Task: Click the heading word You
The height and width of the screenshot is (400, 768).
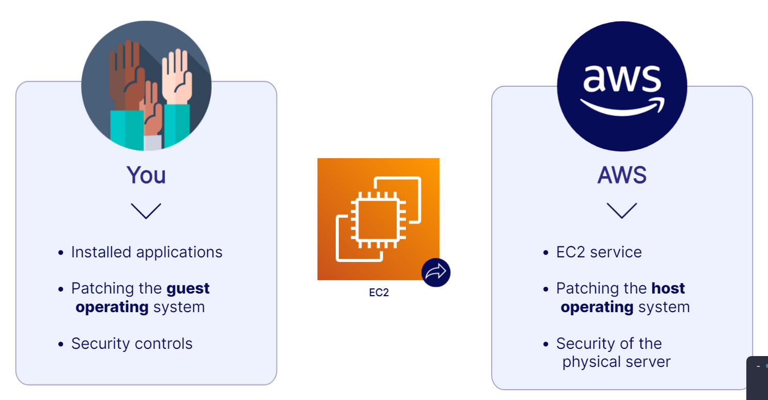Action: pos(146,175)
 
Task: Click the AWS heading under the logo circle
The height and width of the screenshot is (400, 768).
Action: pos(622,175)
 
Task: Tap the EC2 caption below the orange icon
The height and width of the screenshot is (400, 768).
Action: pos(379,293)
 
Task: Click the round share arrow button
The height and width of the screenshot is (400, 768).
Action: pos(436,272)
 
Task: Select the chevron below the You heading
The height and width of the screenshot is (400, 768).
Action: pos(146,211)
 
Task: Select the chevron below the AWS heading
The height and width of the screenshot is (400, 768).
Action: pos(622,211)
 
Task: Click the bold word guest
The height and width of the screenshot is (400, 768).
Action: pos(188,289)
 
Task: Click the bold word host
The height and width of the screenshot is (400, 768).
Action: pos(668,288)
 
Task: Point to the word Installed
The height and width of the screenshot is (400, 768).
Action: pos(101,252)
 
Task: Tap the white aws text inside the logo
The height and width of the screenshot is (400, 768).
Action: pos(622,79)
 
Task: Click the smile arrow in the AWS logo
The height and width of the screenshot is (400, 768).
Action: pos(622,107)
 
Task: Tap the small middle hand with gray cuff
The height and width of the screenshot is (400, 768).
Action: pos(152,110)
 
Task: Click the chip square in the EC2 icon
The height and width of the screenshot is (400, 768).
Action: pos(378,220)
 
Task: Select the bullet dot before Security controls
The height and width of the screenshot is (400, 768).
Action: pos(60,344)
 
